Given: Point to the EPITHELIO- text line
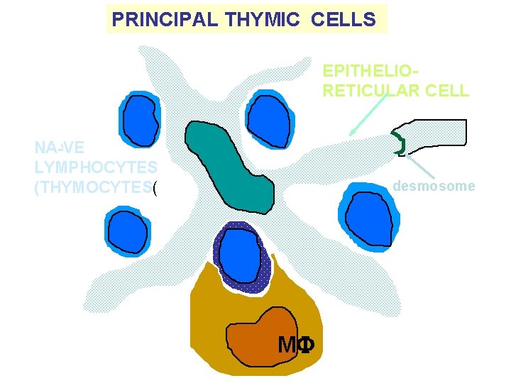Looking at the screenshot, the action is tap(368, 71).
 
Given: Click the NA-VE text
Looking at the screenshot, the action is tap(59, 148).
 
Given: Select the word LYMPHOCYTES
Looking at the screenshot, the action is tap(95, 167).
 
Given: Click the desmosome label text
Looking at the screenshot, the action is tap(434, 187).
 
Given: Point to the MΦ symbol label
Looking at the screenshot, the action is tap(296, 345).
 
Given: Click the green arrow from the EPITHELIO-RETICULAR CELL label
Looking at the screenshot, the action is tap(368, 114).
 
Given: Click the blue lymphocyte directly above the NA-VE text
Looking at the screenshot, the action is tap(141, 118).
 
